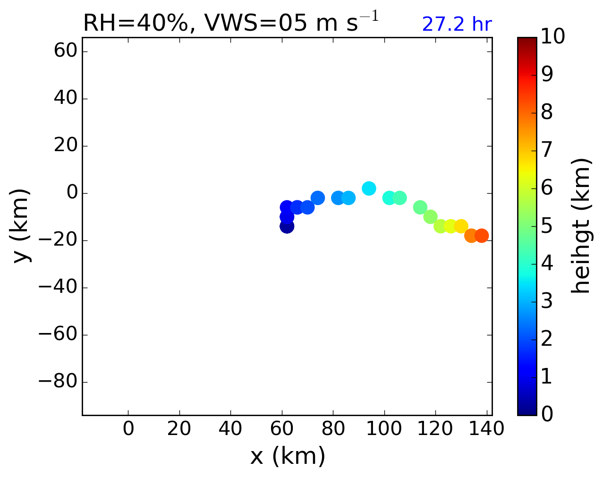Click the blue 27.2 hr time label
pyautogui.click(x=457, y=25)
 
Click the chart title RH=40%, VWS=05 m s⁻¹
pyautogui.click(x=230, y=23)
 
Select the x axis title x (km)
pyautogui.click(x=287, y=456)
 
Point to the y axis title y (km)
pyautogui.click(x=21, y=226)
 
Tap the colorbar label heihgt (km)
pyautogui.click(x=580, y=226)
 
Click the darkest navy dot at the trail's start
pyautogui.click(x=287, y=226)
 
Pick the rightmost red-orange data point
pyautogui.click(x=481, y=236)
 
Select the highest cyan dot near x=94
pyautogui.click(x=369, y=188)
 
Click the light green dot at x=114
pyautogui.click(x=420, y=207)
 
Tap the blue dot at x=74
pyautogui.click(x=318, y=198)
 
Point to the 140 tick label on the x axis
pyautogui.click(x=487, y=429)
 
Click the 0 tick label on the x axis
pyautogui.click(x=128, y=429)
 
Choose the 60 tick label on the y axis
pyautogui.click(x=66, y=51)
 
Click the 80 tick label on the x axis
pyautogui.click(x=333, y=429)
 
